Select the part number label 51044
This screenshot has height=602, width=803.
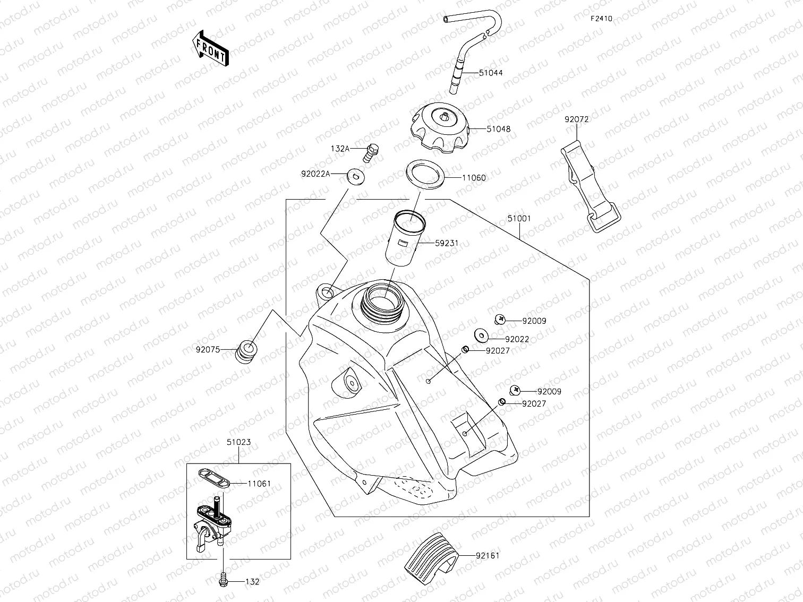(x=490, y=73)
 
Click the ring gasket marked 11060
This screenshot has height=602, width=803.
(x=425, y=175)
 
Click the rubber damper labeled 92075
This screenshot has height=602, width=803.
(x=246, y=351)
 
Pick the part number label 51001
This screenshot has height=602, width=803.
(x=519, y=218)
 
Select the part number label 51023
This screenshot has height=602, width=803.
(x=238, y=442)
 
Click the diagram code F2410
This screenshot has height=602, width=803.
(x=601, y=19)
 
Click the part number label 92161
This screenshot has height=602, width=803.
(x=487, y=556)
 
